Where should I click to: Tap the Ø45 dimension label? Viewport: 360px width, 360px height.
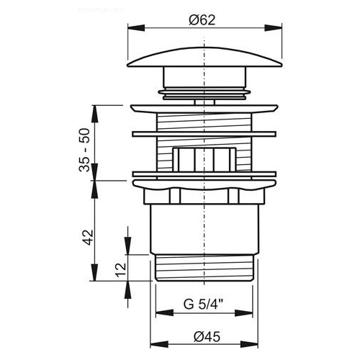click(207, 337)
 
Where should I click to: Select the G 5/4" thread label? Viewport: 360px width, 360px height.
click(204, 305)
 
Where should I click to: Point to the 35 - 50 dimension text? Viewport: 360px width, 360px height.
click(84, 150)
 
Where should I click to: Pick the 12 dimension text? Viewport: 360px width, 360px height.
click(121, 270)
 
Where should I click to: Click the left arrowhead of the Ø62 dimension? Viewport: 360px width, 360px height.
click(136, 28)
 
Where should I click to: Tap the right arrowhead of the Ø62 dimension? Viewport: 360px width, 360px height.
click(273, 28)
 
